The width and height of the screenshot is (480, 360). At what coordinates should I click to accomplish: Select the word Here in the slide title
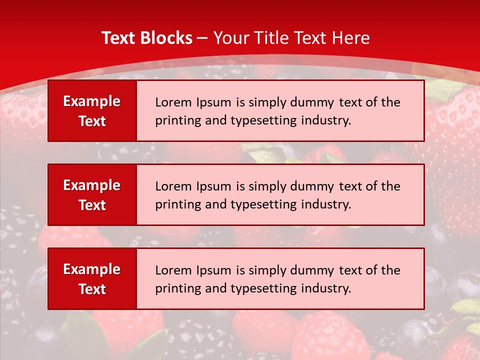(x=351, y=38)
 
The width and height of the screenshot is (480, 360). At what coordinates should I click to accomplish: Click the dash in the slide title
(x=202, y=38)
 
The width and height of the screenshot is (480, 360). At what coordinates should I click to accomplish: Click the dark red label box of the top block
(x=92, y=111)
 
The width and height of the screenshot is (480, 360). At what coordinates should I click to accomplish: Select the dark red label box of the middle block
(x=92, y=195)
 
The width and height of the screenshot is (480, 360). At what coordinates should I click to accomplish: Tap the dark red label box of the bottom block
(x=92, y=279)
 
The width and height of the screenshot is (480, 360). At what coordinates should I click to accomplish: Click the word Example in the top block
(x=92, y=101)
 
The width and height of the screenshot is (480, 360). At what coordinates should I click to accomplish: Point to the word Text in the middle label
(x=92, y=205)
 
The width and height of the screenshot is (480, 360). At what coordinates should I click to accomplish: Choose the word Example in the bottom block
(x=92, y=269)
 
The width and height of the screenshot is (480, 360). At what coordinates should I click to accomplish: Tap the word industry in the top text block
(x=325, y=120)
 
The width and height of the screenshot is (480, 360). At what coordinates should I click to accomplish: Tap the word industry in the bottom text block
(x=325, y=288)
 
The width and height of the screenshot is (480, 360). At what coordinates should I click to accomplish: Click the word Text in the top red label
(x=92, y=121)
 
